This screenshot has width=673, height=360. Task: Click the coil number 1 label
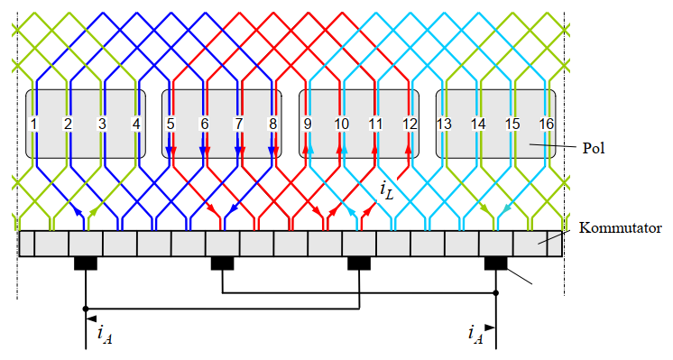(33, 123)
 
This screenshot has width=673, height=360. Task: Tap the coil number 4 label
(136, 123)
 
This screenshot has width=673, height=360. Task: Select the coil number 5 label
(171, 123)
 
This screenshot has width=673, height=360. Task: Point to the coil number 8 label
(273, 123)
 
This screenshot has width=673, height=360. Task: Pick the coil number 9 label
(308, 123)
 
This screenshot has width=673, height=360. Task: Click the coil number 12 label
(410, 123)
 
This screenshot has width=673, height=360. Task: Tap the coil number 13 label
(444, 123)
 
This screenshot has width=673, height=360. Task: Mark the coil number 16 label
(547, 123)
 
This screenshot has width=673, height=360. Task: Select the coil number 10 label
(341, 123)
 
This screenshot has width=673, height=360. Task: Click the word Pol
(593, 144)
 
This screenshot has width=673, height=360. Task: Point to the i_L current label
(386, 190)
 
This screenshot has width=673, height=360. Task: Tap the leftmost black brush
(86, 263)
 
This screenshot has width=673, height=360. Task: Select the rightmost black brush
(496, 263)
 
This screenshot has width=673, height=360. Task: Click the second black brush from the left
(223, 263)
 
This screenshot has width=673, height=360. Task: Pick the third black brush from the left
(360, 263)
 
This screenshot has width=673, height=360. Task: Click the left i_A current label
(104, 337)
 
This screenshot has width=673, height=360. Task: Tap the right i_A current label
(475, 336)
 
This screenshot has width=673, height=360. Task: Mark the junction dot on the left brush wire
(86, 309)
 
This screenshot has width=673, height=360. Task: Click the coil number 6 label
(205, 123)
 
